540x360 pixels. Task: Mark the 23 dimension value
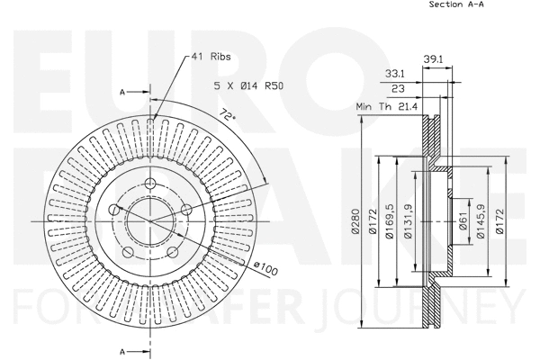(398, 89)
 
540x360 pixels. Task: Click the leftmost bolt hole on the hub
(114, 210)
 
